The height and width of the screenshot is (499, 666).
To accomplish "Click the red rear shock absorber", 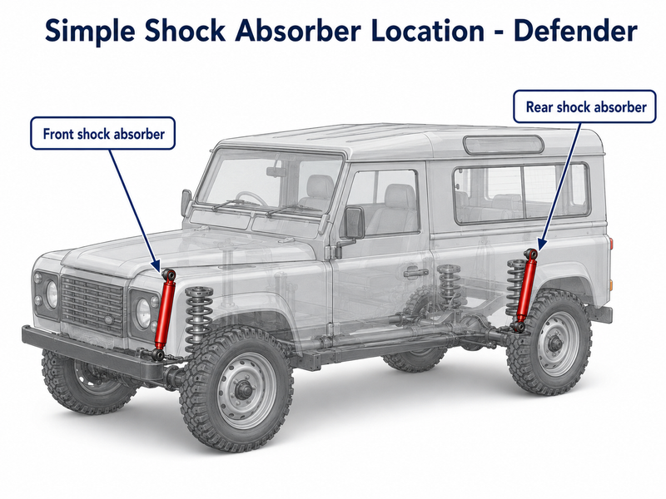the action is (x=525, y=289).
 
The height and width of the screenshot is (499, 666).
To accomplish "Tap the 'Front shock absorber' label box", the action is (x=102, y=133).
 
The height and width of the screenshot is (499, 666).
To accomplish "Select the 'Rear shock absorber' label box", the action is (x=585, y=106).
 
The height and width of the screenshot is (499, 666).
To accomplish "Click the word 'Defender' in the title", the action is (x=575, y=31).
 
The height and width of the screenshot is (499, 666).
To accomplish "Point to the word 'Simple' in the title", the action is (x=90, y=32).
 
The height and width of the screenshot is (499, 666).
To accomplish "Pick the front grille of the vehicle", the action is (x=92, y=304).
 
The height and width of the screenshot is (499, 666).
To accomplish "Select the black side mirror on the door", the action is (x=355, y=222).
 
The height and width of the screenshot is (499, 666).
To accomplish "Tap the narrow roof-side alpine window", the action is (x=504, y=145).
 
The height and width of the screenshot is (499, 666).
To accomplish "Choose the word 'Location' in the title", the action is (x=427, y=31).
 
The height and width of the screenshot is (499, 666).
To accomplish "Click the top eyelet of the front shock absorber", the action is (x=169, y=274).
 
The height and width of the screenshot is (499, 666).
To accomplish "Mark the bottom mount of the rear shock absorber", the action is (x=519, y=326).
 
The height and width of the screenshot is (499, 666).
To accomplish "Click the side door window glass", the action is (x=383, y=202).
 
